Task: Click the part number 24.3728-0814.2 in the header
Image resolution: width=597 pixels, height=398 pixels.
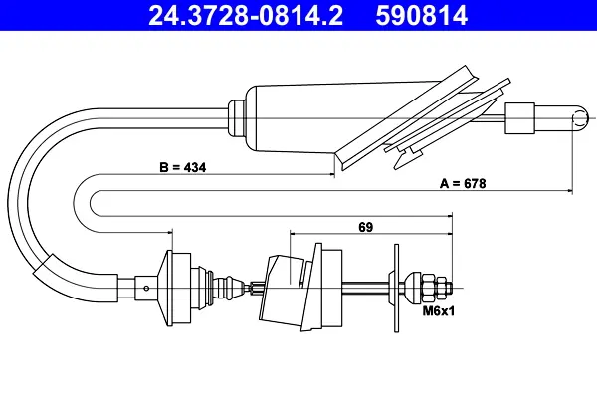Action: tap(246, 16)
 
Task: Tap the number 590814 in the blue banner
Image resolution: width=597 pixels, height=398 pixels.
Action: tap(422, 16)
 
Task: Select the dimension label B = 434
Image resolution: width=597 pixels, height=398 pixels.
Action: tap(183, 167)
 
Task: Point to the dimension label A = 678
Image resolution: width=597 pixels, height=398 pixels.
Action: tap(463, 183)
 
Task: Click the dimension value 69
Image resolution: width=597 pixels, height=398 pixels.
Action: tap(366, 227)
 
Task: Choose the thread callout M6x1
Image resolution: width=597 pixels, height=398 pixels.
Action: tap(439, 311)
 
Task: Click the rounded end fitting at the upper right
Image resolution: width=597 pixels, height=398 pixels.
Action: tap(561, 118)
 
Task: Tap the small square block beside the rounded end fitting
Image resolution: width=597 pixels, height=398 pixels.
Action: tap(519, 118)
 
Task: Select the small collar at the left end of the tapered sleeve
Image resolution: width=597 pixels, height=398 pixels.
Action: tap(236, 118)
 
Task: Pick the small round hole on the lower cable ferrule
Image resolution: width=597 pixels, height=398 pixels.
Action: tap(146, 288)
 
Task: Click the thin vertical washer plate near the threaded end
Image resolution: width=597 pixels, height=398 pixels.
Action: tap(396, 289)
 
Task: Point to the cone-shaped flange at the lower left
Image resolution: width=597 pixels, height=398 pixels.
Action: tap(164, 289)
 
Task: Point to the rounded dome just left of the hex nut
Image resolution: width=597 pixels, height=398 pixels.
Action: tap(413, 288)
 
